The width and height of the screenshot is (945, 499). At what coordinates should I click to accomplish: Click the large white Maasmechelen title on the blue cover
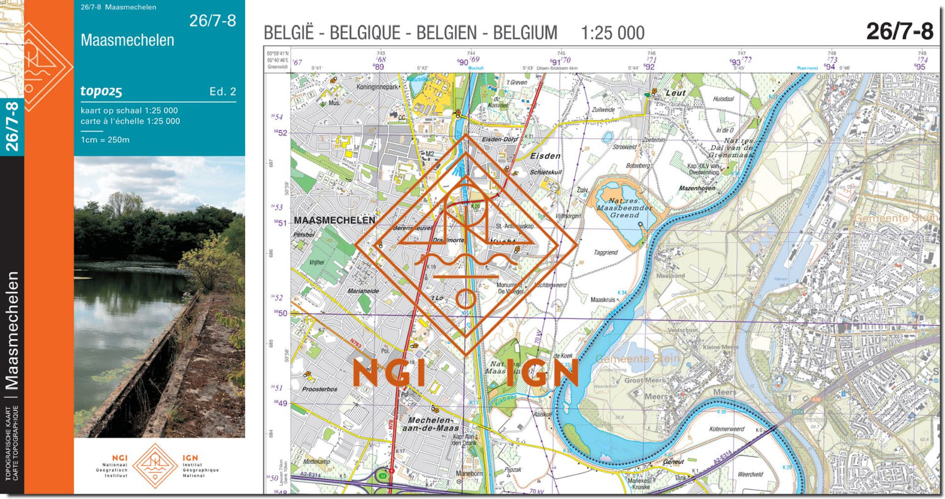point(127,40)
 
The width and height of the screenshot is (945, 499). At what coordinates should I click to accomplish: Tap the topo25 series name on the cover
point(101,91)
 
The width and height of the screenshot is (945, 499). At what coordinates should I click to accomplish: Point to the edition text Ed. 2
point(222,92)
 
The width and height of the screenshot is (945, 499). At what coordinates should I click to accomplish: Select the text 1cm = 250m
point(105,140)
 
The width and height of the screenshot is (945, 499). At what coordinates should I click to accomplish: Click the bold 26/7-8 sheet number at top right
point(899,31)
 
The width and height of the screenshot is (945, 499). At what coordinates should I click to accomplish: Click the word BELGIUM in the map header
point(525,33)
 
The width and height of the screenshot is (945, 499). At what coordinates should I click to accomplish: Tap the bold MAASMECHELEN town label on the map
point(335,220)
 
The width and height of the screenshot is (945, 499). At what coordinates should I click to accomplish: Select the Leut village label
point(676,93)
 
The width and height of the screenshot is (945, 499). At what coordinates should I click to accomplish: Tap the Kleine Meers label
point(720,347)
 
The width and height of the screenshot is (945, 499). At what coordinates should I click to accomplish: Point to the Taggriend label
point(605,252)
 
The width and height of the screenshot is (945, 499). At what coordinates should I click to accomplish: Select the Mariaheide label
point(363,291)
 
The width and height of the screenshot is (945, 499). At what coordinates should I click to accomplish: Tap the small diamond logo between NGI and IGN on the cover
point(154,466)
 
